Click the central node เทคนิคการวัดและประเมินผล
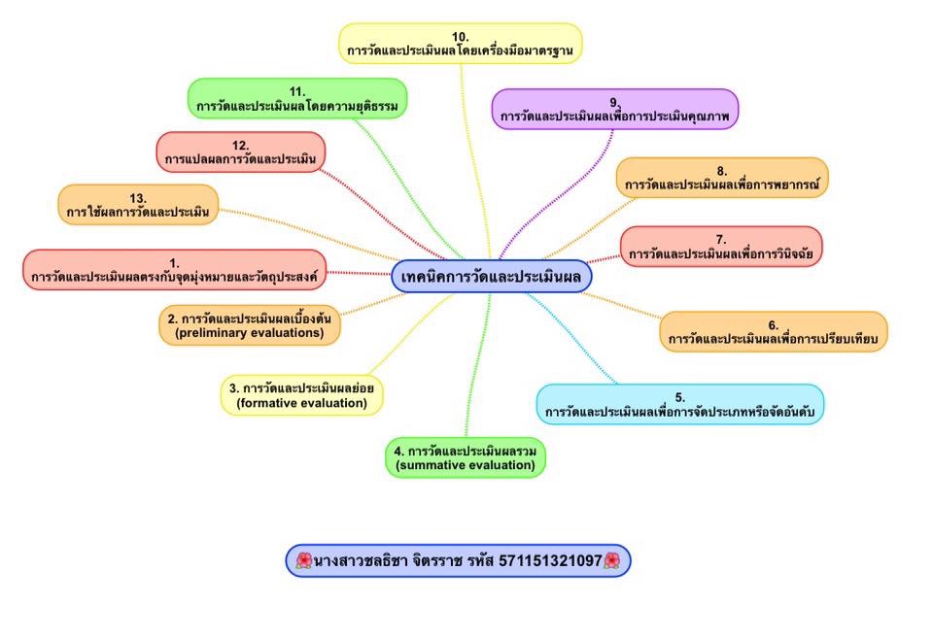[491, 277]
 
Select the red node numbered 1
[174, 270]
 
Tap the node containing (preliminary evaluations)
[250, 325]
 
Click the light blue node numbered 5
[679, 404]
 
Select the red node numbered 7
[720, 247]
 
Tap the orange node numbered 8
[721, 178]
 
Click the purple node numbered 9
[614, 109]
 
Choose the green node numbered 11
[297, 98]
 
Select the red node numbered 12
[240, 152]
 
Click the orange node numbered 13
[138, 204]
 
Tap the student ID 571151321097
[549, 560]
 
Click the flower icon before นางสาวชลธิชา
[303, 560]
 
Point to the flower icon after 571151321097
[612, 560]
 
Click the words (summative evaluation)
[466, 466]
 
